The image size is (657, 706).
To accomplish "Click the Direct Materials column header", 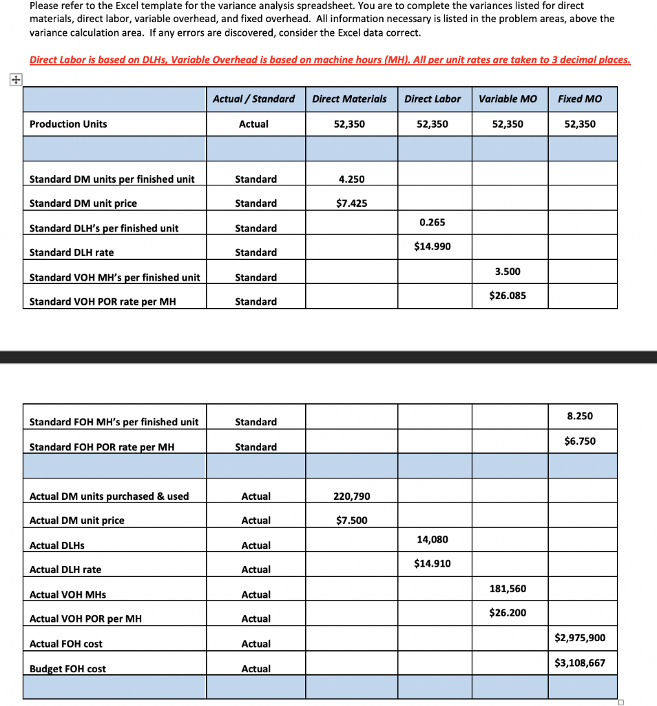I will coord(349,99).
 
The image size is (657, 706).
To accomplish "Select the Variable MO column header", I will coord(508,99).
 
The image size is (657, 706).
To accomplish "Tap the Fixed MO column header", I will coord(579,99).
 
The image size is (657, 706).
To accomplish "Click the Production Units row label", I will coord(68,124).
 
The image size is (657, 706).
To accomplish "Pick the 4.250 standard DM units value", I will coord(351,179).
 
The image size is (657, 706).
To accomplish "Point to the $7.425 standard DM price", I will coord(351,203).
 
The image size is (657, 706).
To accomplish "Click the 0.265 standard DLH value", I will coord(432,222).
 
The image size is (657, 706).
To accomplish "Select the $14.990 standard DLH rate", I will coord(432,246).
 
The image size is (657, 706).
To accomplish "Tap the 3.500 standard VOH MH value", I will coord(508,272).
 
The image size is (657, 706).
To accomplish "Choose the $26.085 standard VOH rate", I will coord(508,296).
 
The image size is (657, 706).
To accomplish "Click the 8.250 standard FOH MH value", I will coord(580,416).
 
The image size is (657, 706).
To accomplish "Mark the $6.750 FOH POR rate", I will coord(580,441).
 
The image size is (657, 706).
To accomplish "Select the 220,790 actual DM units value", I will coord(351,496).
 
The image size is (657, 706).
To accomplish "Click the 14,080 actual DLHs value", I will coord(432,539).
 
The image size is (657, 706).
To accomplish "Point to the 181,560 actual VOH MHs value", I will coord(508,589).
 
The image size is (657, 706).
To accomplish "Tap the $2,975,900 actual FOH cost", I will coord(580,638).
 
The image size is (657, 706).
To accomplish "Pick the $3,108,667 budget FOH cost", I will coord(580,663).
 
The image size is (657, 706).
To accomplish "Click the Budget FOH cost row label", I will coord(67,669).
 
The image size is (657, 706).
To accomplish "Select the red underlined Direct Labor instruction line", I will coord(330,60).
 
